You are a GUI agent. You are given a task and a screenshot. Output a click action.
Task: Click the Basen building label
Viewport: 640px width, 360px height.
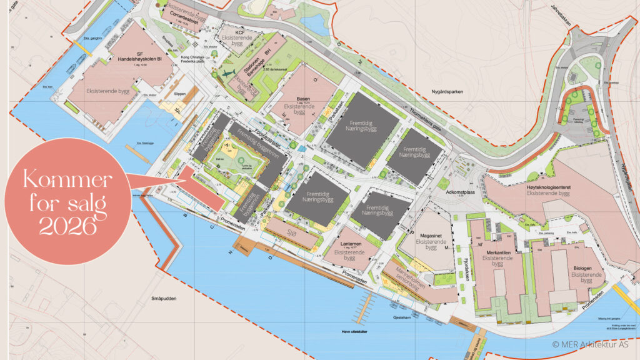(x=302, y=99)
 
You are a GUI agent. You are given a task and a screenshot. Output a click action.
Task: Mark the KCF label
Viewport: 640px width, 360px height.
(x=239, y=32)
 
